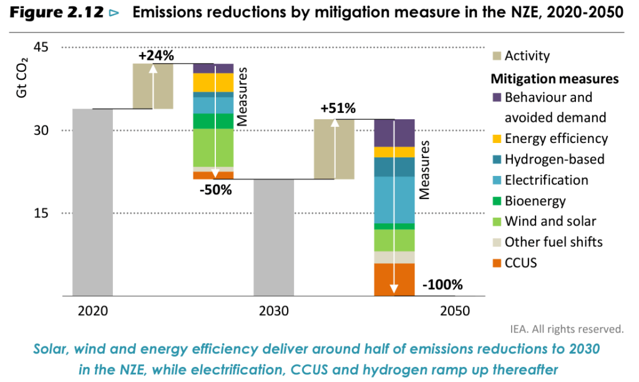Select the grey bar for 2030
(273, 237)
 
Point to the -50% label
(215, 190)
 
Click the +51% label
(338, 109)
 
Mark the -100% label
(442, 285)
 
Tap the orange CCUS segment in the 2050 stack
(394, 279)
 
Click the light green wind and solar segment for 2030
(213, 147)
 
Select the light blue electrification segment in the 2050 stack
(394, 199)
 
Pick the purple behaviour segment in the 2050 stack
(394, 132)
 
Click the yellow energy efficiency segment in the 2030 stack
(213, 82)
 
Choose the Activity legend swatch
(497, 56)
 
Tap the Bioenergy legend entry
(535, 201)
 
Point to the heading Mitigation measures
(554, 79)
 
